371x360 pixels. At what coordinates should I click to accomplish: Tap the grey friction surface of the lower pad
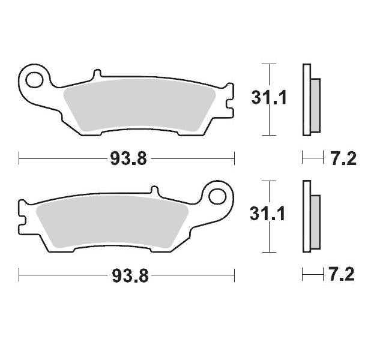point(114,219)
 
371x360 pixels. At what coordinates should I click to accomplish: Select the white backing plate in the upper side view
point(307,100)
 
